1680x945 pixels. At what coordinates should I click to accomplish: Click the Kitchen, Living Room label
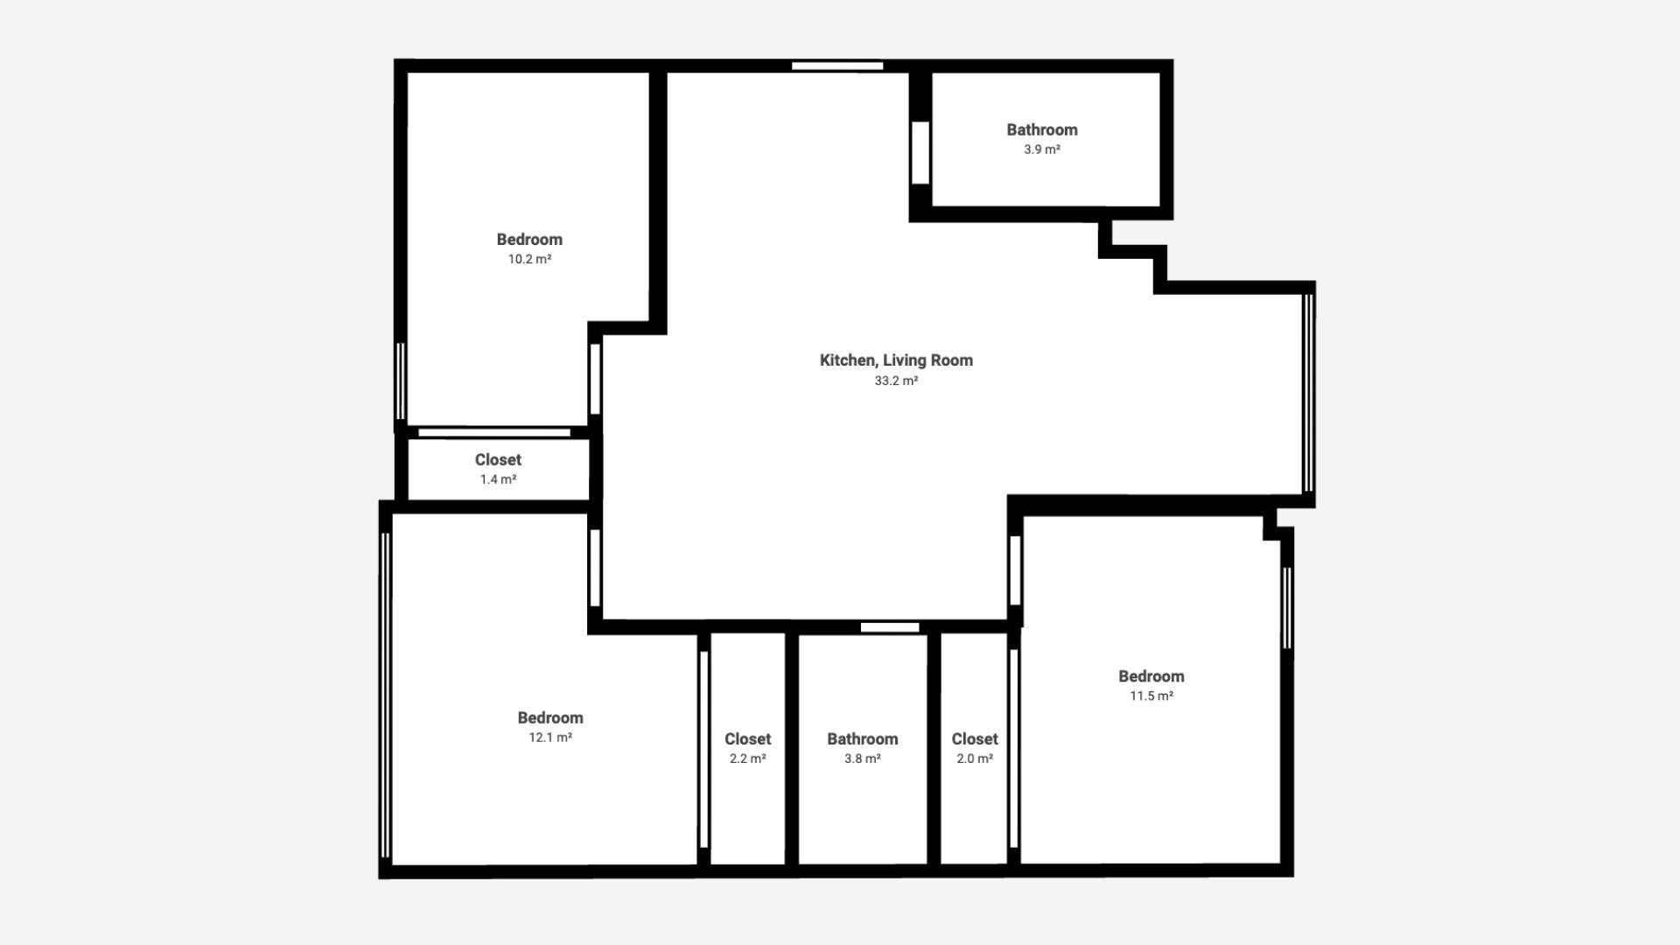(896, 360)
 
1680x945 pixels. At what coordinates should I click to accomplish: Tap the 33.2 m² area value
(896, 381)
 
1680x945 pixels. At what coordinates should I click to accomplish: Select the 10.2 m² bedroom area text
(529, 259)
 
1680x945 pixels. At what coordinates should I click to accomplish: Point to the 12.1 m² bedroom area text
(550, 738)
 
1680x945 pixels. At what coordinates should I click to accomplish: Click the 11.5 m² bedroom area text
(1151, 696)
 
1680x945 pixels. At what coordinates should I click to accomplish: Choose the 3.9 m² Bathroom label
(1042, 129)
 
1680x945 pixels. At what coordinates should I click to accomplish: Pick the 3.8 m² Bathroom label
(863, 739)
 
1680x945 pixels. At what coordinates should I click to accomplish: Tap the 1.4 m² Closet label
(498, 459)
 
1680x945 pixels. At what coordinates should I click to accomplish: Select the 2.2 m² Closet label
(748, 739)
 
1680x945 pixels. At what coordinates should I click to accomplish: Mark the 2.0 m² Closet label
(975, 739)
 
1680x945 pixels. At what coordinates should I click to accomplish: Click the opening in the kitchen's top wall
(837, 66)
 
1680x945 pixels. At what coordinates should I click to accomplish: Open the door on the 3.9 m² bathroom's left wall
(920, 153)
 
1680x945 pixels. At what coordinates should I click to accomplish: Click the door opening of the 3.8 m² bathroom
(890, 627)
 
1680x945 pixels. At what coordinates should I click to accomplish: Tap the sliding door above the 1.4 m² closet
(494, 433)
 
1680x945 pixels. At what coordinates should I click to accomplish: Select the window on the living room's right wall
(1308, 393)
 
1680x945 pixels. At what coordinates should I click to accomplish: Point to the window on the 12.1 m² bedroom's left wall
(385, 695)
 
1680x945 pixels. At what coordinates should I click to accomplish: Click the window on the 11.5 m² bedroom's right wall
(1287, 608)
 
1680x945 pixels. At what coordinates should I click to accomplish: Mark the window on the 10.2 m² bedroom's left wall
(401, 381)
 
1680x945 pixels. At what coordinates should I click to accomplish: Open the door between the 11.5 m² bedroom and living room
(1015, 570)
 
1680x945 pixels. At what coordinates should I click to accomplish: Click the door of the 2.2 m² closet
(703, 749)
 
